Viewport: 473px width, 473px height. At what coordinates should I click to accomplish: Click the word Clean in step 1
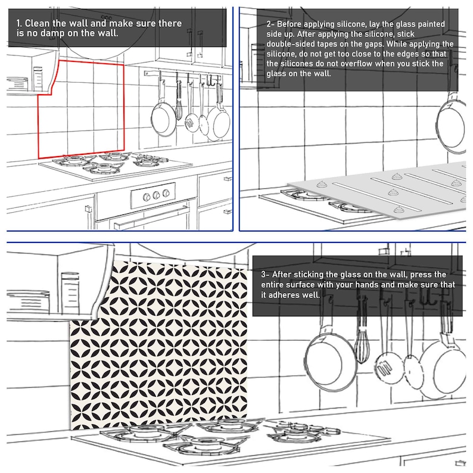pos(37,23)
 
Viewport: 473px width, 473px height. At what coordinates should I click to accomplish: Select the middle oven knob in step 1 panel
pos(156,195)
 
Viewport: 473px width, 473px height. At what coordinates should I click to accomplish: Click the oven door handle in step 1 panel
pos(151,214)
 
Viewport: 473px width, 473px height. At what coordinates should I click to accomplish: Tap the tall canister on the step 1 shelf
pos(38,79)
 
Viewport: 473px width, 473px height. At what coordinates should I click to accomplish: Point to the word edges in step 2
pos(420,54)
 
